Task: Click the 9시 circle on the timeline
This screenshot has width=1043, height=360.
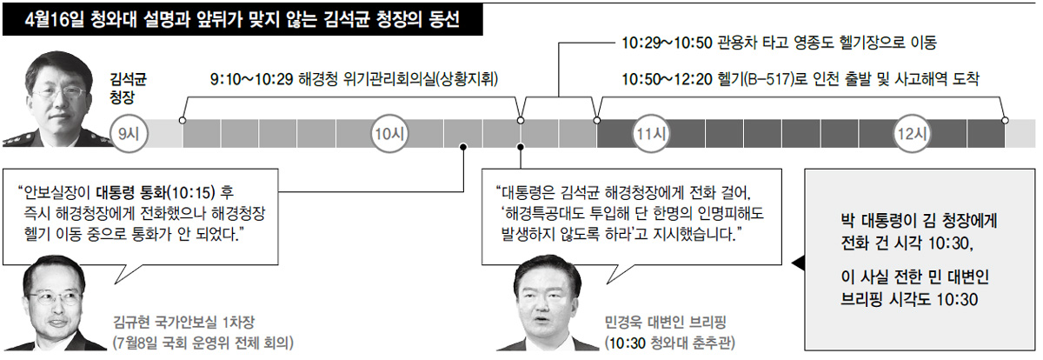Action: [128, 134]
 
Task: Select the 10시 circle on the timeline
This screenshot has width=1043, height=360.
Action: [389, 134]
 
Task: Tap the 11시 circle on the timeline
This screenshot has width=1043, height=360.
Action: [651, 134]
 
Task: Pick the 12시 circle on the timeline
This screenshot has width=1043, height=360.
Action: [912, 134]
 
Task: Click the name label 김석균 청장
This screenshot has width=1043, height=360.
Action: [128, 88]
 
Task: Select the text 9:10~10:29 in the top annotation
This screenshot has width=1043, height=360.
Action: [251, 79]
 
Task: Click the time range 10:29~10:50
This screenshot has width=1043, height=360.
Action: [667, 43]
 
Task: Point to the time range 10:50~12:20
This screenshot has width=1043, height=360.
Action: [667, 79]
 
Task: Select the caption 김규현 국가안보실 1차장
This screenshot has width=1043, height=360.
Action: [183, 322]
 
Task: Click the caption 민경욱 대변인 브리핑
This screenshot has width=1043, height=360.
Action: [666, 322]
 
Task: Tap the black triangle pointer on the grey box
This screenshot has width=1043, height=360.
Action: [799, 263]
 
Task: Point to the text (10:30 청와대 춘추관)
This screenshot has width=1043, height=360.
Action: [669, 343]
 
